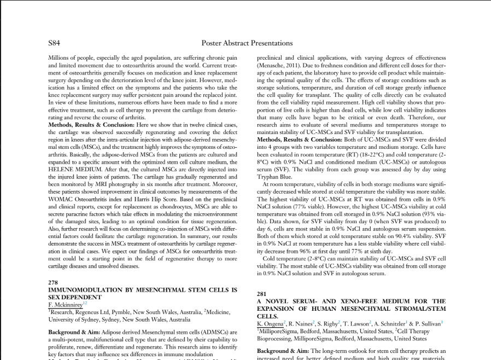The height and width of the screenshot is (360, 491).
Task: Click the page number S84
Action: coord(54,43)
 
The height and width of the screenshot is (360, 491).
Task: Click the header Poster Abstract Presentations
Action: coord(247,43)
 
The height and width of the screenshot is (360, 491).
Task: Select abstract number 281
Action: coord(261,294)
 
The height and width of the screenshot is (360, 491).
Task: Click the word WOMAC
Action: coord(61,199)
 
